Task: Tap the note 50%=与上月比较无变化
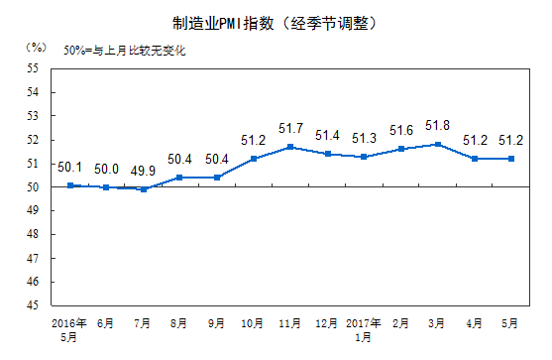click(125, 49)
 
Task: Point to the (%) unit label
click(37, 47)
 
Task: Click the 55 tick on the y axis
click(32, 68)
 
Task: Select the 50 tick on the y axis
click(32, 187)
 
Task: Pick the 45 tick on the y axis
click(32, 305)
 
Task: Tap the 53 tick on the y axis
click(32, 116)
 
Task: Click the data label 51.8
click(437, 126)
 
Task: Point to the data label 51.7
click(290, 128)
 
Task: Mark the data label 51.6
click(400, 131)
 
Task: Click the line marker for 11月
click(289, 147)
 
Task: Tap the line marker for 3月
click(437, 145)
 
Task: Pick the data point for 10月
click(254, 159)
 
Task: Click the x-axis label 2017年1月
click(364, 330)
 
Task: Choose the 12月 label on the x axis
click(327, 323)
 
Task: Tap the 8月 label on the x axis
click(181, 323)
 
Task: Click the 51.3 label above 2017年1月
click(364, 138)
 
